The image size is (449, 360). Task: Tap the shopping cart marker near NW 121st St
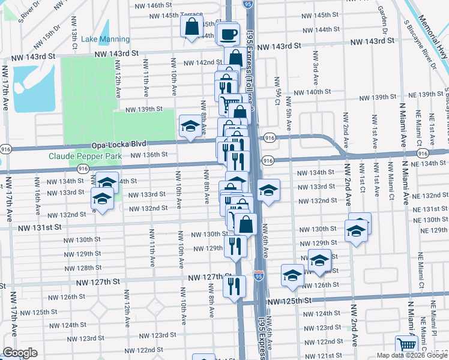406,346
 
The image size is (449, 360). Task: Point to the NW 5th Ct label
277,88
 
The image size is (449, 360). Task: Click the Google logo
20,353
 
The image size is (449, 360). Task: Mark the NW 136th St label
149,154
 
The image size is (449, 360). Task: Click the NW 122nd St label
142,350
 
